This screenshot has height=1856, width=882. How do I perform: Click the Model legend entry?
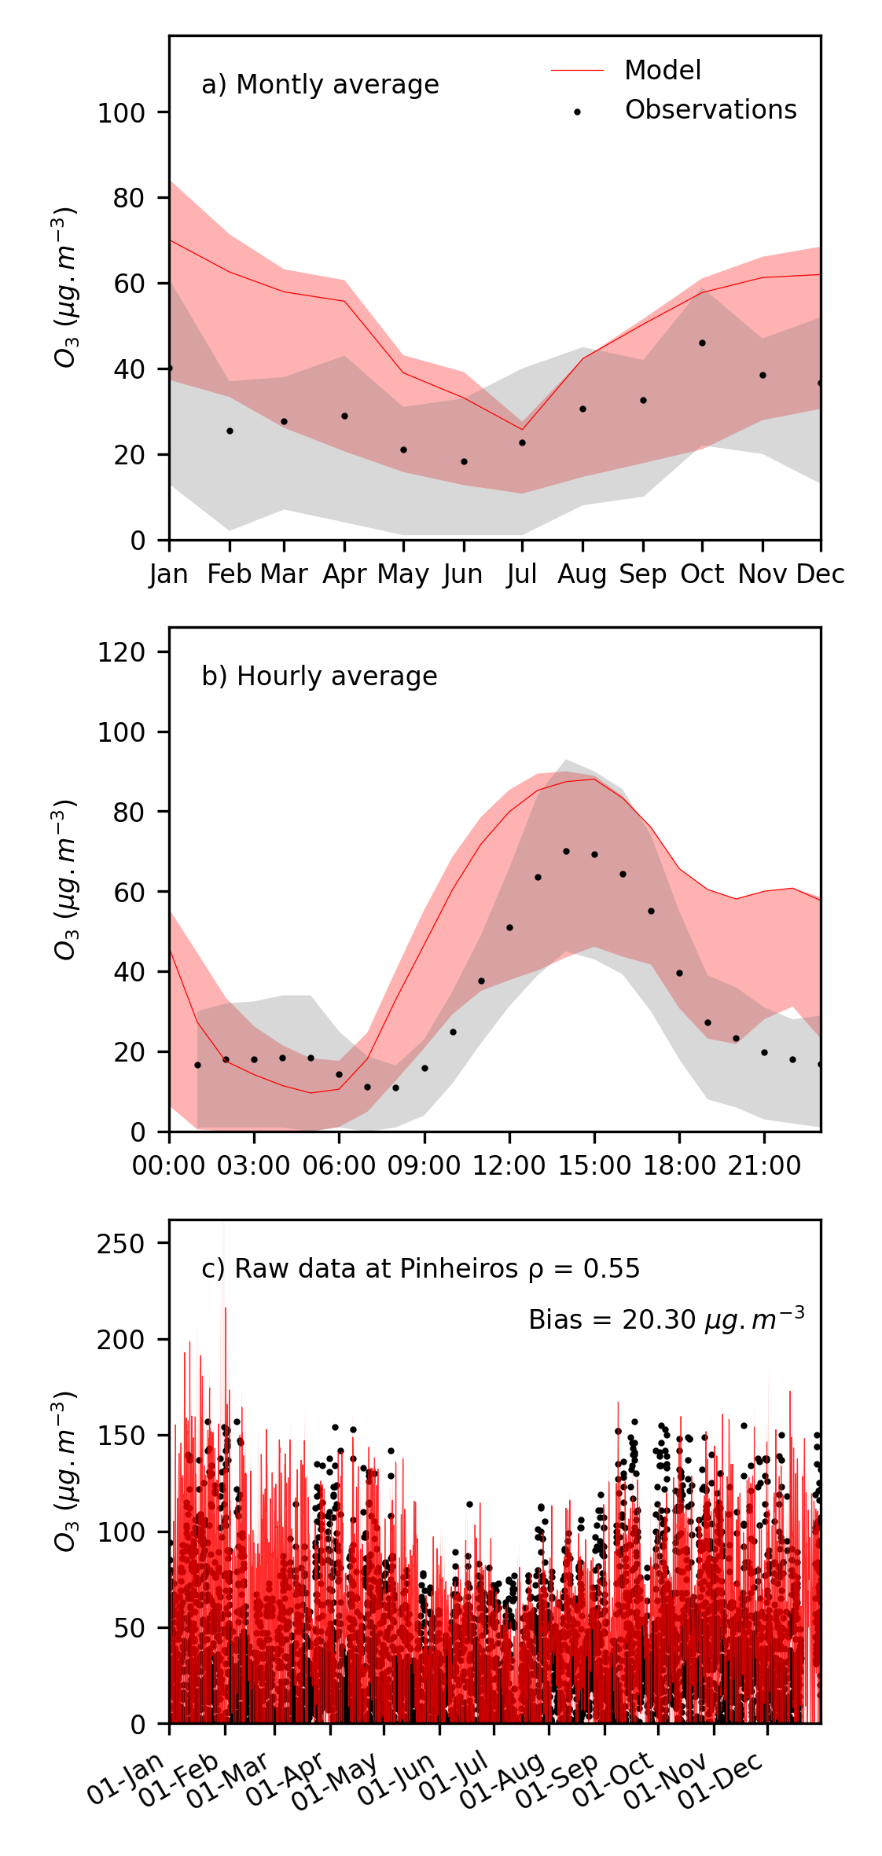[x=662, y=71]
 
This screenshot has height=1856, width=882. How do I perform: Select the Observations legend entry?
[x=710, y=110]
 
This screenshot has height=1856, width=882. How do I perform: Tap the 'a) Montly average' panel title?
[x=320, y=85]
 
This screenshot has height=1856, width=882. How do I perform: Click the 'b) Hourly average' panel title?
[x=319, y=677]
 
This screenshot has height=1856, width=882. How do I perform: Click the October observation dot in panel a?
[x=702, y=343]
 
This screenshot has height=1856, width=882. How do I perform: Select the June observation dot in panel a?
[x=464, y=461]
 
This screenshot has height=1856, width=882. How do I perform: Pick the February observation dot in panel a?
[x=230, y=431]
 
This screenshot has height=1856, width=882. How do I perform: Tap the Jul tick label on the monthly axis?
[x=522, y=575]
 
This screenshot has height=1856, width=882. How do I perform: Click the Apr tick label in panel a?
[x=344, y=575]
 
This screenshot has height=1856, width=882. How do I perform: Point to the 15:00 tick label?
[x=594, y=1165]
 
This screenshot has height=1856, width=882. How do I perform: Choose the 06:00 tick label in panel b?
[x=339, y=1165]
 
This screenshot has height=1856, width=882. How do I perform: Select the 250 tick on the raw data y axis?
[x=121, y=1243]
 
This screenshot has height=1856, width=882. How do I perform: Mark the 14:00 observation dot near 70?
[x=566, y=851]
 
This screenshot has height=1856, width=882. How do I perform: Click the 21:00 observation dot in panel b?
[x=764, y=1052]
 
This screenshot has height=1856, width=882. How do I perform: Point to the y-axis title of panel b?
[x=66, y=879]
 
